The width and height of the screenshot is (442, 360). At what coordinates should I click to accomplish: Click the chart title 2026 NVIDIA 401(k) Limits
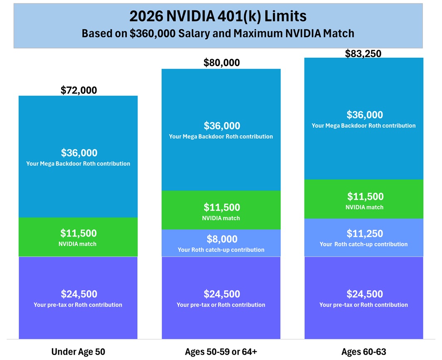pyautogui.click(x=218, y=16)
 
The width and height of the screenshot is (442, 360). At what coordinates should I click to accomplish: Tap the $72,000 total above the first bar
pyautogui.click(x=79, y=90)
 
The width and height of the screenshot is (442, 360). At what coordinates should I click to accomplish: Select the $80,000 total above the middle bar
pyautogui.click(x=221, y=63)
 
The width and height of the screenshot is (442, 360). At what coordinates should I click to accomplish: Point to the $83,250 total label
pyautogui.click(x=363, y=54)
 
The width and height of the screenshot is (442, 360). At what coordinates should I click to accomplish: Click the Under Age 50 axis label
pyautogui.click(x=78, y=352)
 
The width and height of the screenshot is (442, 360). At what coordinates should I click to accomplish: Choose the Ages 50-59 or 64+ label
pyautogui.click(x=221, y=352)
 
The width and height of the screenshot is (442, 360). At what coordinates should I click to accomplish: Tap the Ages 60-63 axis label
pyautogui.click(x=364, y=352)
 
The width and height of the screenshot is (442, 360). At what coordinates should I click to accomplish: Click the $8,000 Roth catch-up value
pyautogui.click(x=221, y=239)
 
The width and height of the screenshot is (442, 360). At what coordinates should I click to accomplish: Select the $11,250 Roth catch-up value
pyautogui.click(x=365, y=234)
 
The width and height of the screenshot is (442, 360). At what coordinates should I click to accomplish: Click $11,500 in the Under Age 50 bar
pyautogui.click(x=79, y=233)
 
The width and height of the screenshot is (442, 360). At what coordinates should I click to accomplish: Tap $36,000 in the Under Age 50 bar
pyautogui.click(x=79, y=153)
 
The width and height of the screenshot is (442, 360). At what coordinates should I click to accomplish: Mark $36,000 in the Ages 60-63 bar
pyautogui.click(x=365, y=115)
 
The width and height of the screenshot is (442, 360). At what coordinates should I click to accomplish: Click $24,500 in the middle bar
pyautogui.click(x=221, y=294)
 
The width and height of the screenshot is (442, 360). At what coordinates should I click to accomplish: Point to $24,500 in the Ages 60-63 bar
pyautogui.click(x=365, y=294)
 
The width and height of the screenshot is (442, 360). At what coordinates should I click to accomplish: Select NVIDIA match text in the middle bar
pyautogui.click(x=221, y=218)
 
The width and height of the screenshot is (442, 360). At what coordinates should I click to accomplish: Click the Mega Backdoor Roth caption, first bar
pyautogui.click(x=78, y=164)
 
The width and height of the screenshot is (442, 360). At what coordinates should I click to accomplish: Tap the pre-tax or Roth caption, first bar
pyautogui.click(x=78, y=305)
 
